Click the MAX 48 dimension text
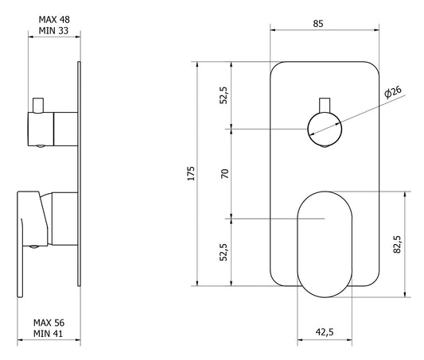(54, 20)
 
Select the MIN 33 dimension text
(53, 31)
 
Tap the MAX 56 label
(49, 323)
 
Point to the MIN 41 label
(49, 334)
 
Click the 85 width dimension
(318, 24)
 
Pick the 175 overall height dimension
(191, 173)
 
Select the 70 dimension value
(224, 173)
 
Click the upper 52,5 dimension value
(224, 95)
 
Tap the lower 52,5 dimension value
(224, 252)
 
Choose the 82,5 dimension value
(397, 244)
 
